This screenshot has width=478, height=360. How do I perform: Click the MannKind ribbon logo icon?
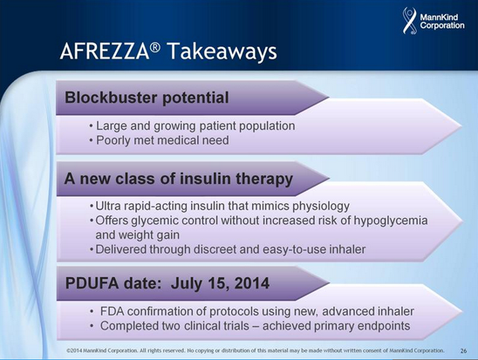410,20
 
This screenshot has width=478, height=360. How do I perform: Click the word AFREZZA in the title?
105,52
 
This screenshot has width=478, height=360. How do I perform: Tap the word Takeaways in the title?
223,51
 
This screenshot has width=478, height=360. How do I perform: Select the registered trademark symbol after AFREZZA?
155,47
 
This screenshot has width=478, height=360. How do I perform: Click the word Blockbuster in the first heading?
111,98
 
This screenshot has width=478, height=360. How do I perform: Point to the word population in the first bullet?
267,126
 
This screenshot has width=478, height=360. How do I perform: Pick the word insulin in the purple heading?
200,179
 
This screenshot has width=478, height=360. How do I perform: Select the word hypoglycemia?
391,220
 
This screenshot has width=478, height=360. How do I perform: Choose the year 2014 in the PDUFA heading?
252,283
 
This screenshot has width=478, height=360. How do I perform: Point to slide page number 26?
463,351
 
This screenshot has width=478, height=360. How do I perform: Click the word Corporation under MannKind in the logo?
442,25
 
